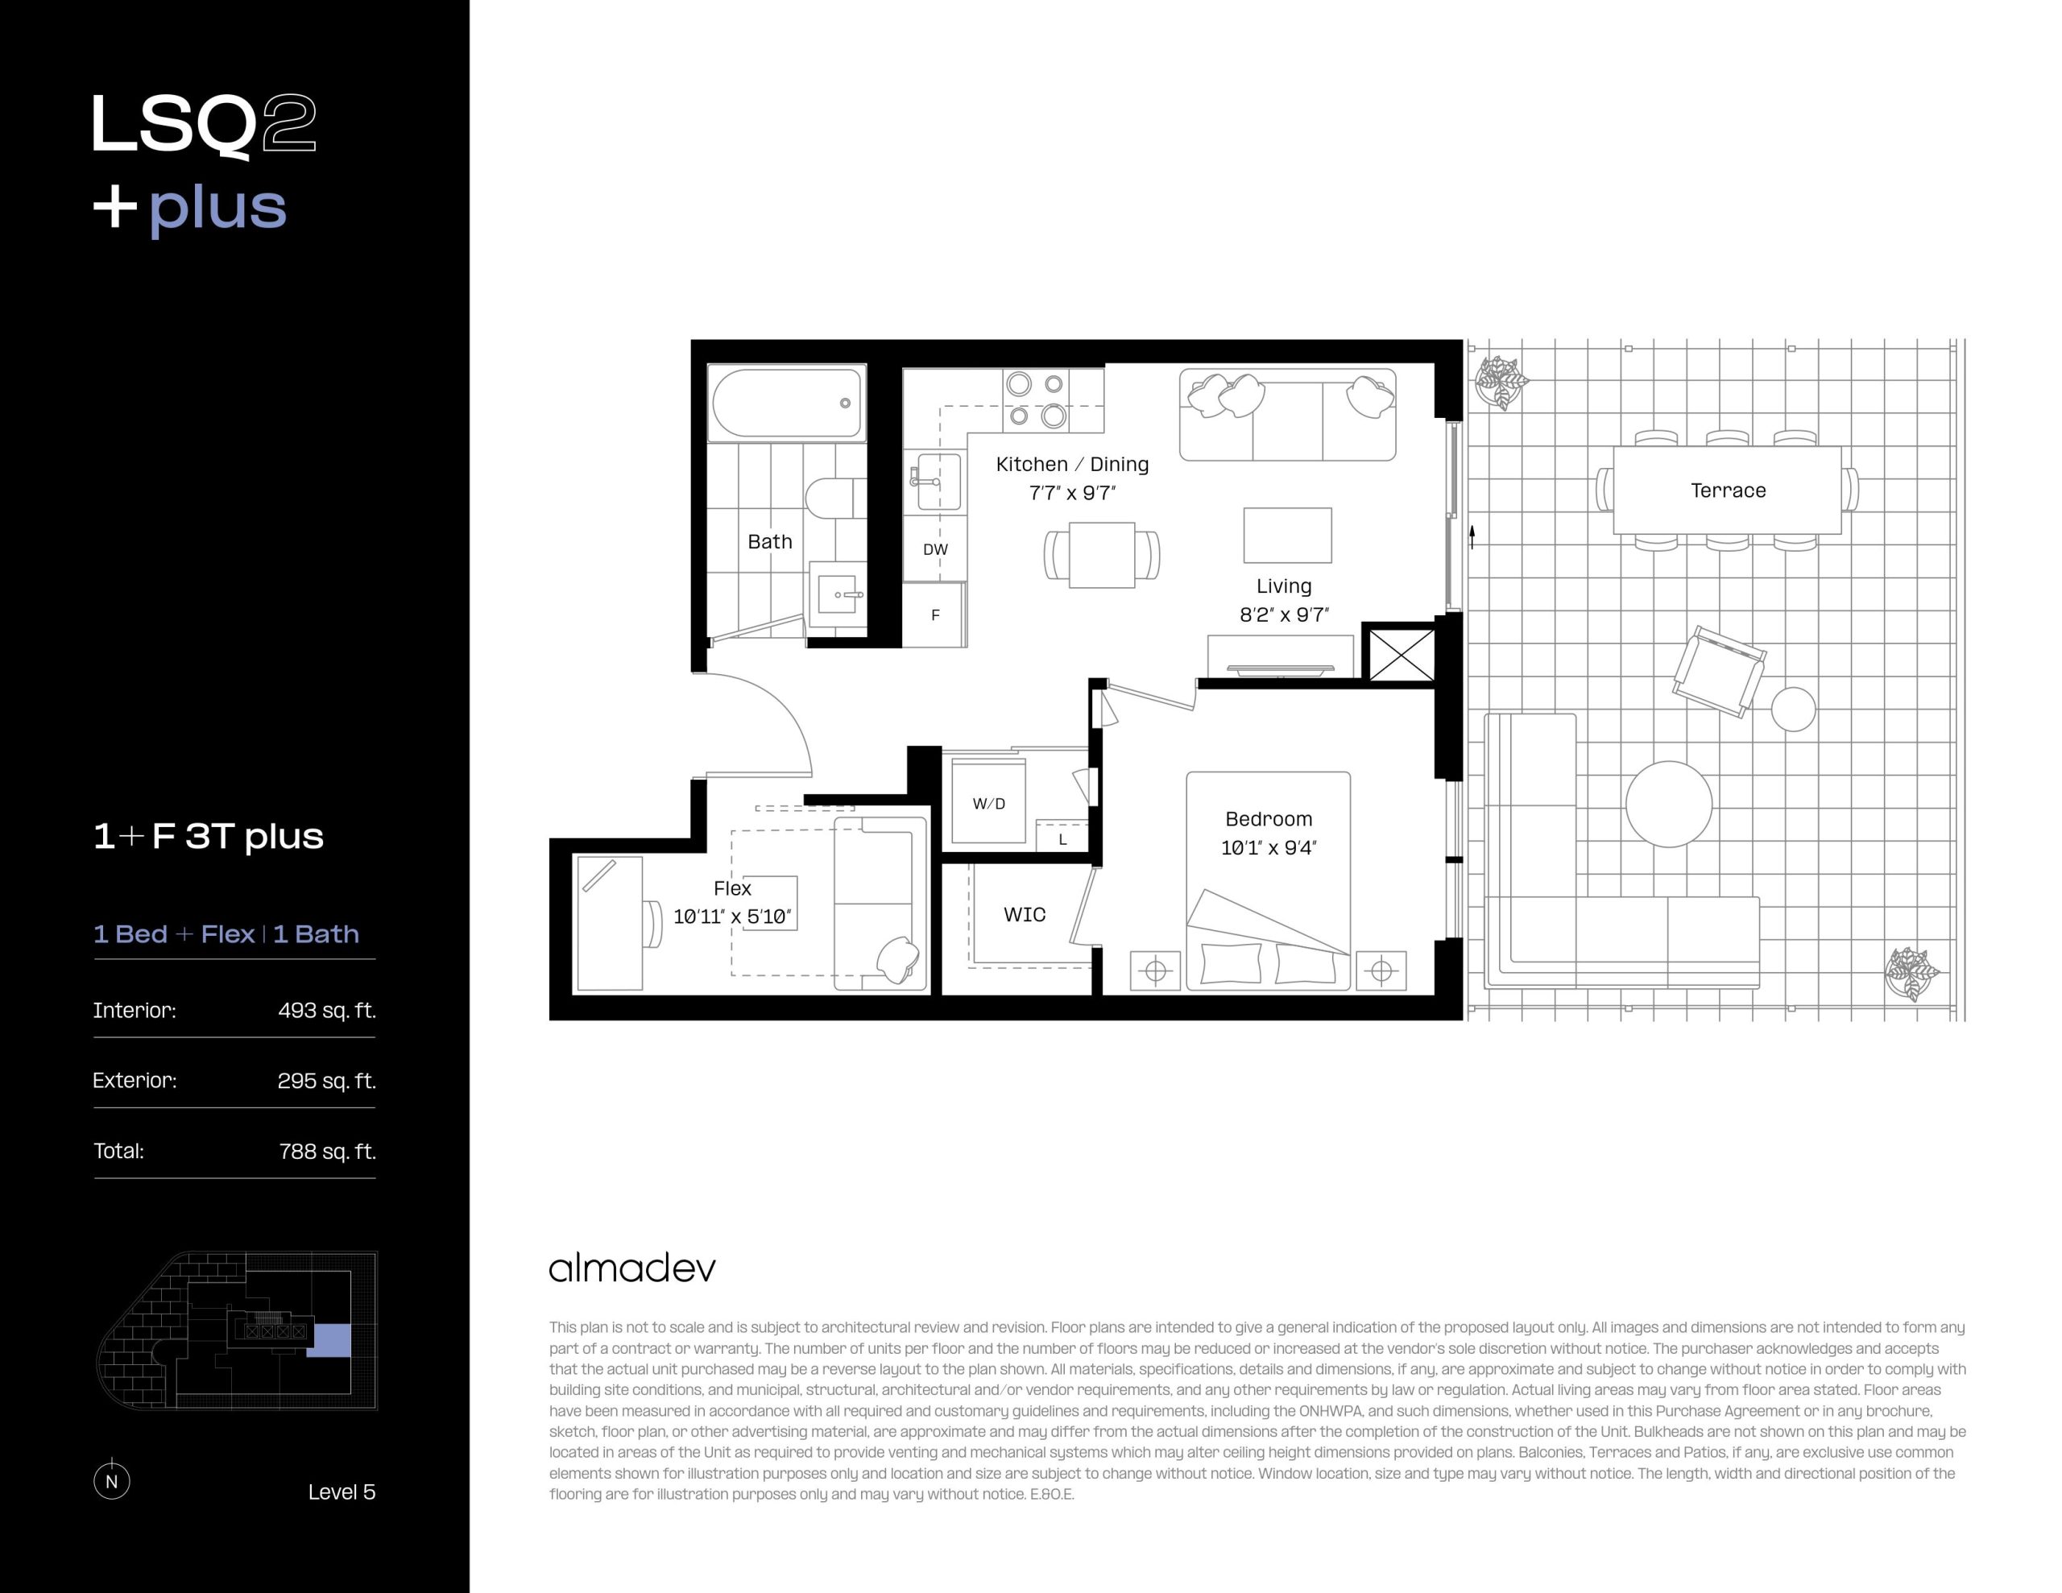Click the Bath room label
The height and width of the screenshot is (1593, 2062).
[769, 541]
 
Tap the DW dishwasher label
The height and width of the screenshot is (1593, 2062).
[934, 549]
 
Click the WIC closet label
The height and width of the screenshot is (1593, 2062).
[1025, 914]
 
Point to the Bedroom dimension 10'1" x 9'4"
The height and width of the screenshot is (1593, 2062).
[1268, 848]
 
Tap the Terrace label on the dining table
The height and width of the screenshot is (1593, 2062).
[1728, 490]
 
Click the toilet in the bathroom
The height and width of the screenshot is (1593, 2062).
[834, 498]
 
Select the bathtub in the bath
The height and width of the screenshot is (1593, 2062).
[786, 402]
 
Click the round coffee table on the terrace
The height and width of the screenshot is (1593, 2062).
[1668, 804]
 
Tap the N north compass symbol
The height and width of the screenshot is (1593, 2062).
[111, 1480]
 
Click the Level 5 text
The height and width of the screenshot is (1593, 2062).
[342, 1492]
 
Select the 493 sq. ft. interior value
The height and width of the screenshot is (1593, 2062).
[327, 1011]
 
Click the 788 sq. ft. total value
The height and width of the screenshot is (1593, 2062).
[328, 1151]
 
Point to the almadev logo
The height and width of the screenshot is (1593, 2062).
[631, 1268]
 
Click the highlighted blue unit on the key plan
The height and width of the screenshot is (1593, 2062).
[330, 1341]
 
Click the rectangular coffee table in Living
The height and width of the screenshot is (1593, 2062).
[1287, 536]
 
